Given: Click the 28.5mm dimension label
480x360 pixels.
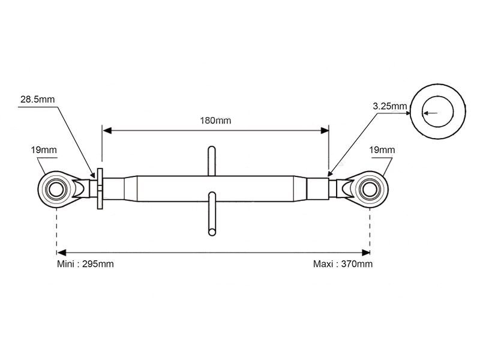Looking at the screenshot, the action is pyautogui.click(x=37, y=99).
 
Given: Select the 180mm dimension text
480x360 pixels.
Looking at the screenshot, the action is pyautogui.click(x=215, y=121).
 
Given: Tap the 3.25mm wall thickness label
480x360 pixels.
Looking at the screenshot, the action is pyautogui.click(x=389, y=106).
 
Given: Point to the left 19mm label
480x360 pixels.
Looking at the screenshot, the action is pyautogui.click(x=44, y=149).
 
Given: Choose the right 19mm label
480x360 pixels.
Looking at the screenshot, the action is pyautogui.click(x=382, y=149).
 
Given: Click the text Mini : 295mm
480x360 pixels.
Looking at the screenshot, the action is pyautogui.click(x=85, y=264).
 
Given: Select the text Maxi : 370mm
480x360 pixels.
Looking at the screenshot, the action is pyautogui.click(x=343, y=264).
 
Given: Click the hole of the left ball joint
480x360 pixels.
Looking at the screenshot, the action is pyautogui.click(x=56, y=190).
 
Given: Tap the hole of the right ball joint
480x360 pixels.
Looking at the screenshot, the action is pyautogui.click(x=370, y=190).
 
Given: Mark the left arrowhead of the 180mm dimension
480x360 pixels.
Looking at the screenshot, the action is pyautogui.click(x=107, y=131).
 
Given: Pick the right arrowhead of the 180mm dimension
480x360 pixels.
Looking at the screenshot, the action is pyautogui.click(x=325, y=131).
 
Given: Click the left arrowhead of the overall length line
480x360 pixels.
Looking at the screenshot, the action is pyautogui.click(x=62, y=253).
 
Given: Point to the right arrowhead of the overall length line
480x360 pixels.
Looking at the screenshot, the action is pyautogui.click(x=366, y=253).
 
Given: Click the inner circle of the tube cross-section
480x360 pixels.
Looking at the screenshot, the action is pyautogui.click(x=438, y=112).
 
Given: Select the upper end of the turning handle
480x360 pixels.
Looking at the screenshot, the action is pyautogui.click(x=212, y=149).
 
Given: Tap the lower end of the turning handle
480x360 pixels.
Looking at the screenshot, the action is pyautogui.click(x=212, y=232).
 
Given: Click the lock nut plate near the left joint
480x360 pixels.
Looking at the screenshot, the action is pyautogui.click(x=100, y=188).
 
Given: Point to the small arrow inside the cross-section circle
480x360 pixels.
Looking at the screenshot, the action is pyautogui.click(x=430, y=113).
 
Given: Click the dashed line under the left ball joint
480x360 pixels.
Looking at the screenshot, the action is pyautogui.click(x=56, y=230).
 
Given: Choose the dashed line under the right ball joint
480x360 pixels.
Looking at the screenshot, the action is pyautogui.click(x=370, y=230).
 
